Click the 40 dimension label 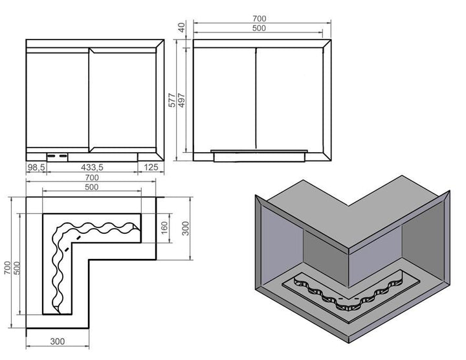181,27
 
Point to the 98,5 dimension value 36,168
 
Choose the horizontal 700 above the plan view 91,177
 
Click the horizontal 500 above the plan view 91,187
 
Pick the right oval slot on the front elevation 63,156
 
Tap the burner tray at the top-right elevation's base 259,155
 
